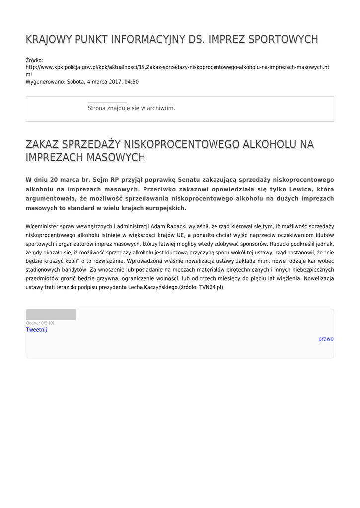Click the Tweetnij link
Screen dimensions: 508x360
tap(36, 330)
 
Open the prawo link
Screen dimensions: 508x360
tap(326, 339)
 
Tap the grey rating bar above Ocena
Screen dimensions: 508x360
tap(51, 315)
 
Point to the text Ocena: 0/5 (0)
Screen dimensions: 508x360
tap(40, 323)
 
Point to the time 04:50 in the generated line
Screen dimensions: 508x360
tap(132, 82)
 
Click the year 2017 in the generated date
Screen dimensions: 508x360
tap(114, 82)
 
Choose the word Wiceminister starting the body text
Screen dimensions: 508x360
tap(42, 227)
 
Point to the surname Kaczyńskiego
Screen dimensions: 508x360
tap(158, 287)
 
